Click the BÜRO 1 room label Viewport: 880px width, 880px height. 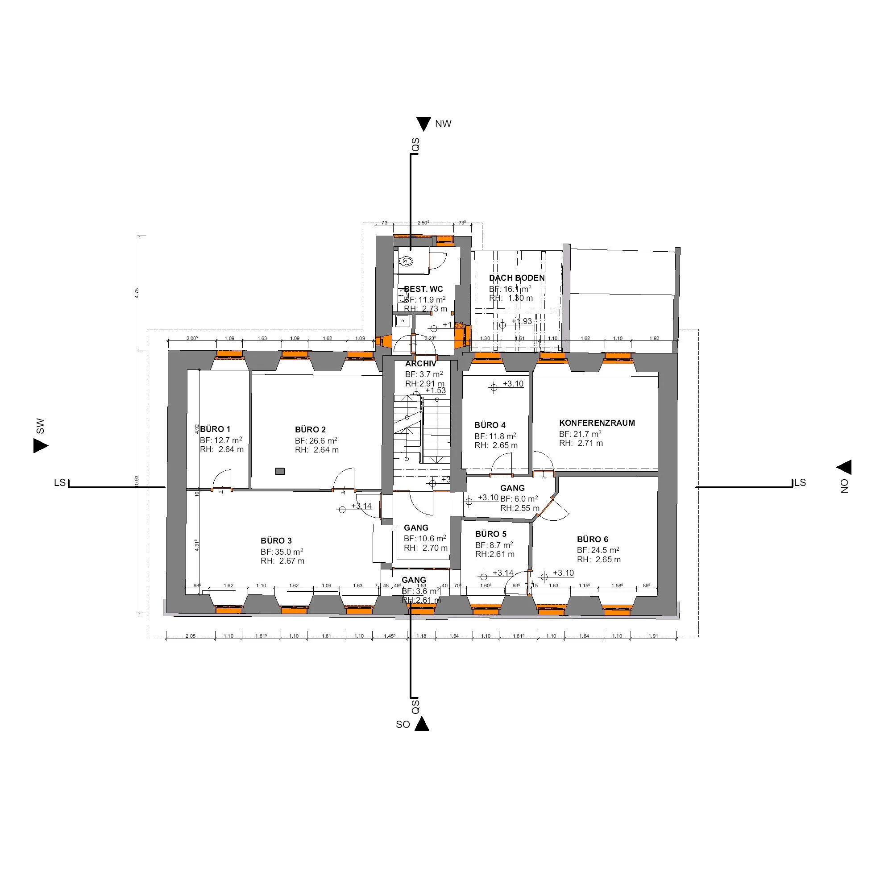click(215, 429)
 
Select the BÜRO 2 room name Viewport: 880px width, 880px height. click(310, 430)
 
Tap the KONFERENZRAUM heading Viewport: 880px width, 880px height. click(597, 423)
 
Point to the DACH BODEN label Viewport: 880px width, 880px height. click(516, 278)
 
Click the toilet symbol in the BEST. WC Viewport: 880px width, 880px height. click(406, 262)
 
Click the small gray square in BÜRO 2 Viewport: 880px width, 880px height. click(280, 471)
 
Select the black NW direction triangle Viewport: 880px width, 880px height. click(423, 124)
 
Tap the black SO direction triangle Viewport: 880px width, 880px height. click(422, 724)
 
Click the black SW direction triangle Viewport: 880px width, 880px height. click(40, 445)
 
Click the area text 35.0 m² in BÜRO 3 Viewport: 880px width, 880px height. click(288, 552)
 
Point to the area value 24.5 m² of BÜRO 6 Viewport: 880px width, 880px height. click(605, 550)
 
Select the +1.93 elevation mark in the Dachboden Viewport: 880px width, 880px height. click(522, 321)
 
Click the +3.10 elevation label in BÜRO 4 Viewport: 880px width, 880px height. click(513, 384)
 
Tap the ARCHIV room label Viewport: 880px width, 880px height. click(420, 364)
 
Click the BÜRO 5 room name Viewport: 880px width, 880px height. click(490, 534)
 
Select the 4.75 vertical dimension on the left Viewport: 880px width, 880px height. click(137, 293)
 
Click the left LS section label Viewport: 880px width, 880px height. click(60, 482)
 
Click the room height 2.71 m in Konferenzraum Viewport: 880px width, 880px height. click(590, 443)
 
